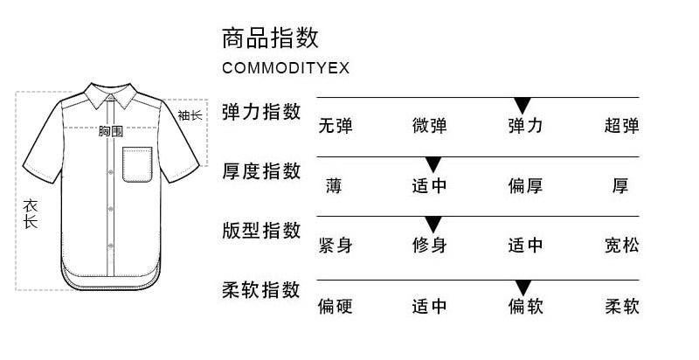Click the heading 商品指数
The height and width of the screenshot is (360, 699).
(270, 38)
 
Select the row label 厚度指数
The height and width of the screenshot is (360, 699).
(261, 170)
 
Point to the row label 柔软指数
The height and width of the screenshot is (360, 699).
(261, 289)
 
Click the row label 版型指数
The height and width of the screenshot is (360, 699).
(261, 230)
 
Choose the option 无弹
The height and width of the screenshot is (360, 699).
(335, 126)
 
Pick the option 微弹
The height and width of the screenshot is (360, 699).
(429, 126)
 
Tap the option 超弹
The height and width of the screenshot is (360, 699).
(621, 126)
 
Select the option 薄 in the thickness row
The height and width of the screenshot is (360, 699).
(335, 185)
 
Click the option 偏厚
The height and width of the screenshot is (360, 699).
(525, 185)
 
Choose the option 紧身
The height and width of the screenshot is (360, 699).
(335, 246)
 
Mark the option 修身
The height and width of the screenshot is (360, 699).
(429, 246)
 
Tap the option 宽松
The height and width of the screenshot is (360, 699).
(621, 246)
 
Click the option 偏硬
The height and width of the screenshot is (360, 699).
(335, 307)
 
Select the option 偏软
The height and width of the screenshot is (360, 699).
(525, 307)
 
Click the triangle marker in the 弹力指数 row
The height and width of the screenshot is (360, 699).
(523, 106)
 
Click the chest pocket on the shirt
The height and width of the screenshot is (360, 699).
(137, 164)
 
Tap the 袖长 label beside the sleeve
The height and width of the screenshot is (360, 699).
(190, 115)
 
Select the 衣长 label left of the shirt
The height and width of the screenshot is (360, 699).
(31, 214)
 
